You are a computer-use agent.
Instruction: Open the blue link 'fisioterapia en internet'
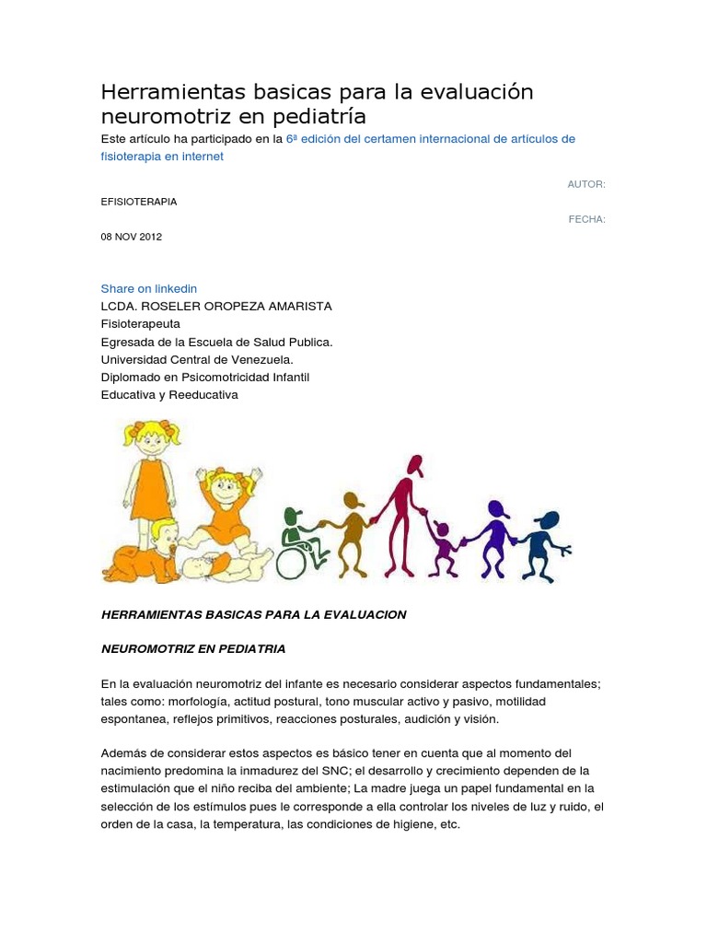pyautogui.click(x=162, y=157)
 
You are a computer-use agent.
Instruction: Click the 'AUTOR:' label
pyautogui.click(x=586, y=184)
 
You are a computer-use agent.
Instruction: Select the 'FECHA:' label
pyautogui.click(x=587, y=219)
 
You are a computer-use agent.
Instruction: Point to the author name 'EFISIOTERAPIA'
pyautogui.click(x=139, y=202)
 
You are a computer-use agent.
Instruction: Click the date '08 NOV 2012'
pyautogui.click(x=131, y=237)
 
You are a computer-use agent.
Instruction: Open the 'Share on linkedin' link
pyautogui.click(x=148, y=288)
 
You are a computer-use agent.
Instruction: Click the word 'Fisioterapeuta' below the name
pyautogui.click(x=140, y=323)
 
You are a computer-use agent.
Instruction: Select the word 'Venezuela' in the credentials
pyautogui.click(x=261, y=359)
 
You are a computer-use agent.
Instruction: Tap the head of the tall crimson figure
pyautogui.click(x=414, y=465)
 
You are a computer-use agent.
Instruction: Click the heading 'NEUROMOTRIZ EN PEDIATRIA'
pyautogui.click(x=193, y=648)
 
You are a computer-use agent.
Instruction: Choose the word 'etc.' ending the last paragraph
pyautogui.click(x=449, y=824)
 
